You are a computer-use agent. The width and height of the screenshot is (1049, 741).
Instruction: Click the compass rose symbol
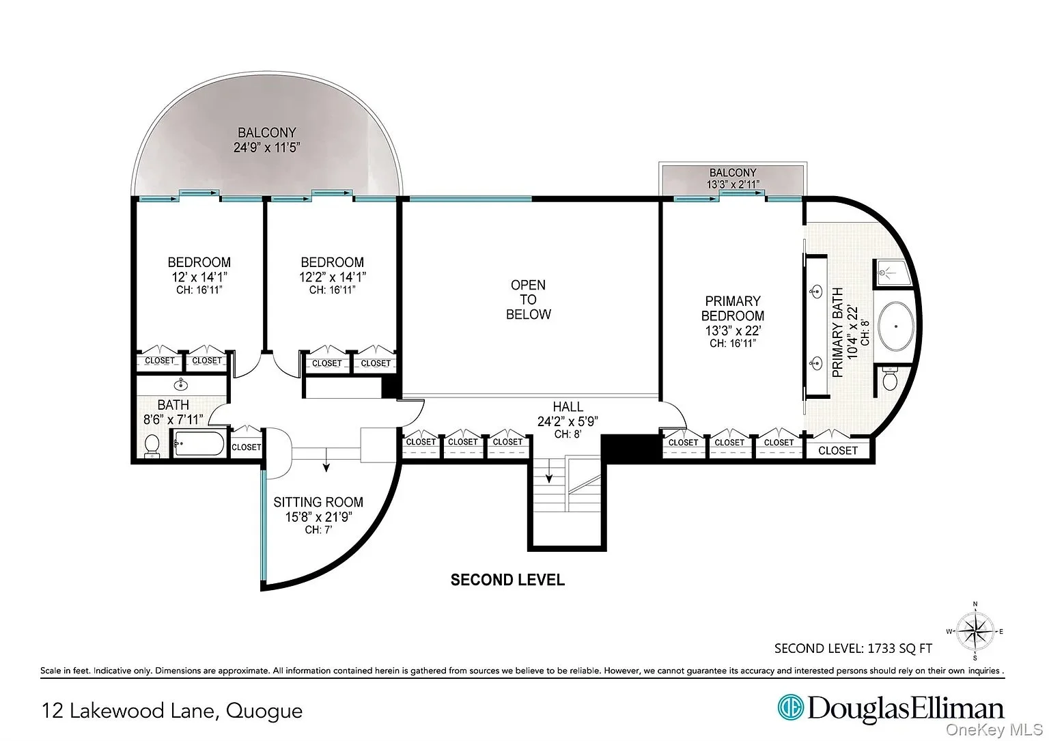pos(975,631)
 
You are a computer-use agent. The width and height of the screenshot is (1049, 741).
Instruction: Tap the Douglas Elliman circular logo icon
pos(790,708)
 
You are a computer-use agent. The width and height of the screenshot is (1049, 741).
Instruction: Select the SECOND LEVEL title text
pos(507,580)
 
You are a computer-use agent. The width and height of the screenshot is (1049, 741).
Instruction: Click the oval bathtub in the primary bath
pos(895,326)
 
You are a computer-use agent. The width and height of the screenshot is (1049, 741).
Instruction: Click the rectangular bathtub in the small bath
pos(199,443)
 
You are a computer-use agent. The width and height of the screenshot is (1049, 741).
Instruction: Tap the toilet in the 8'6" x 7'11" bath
pos(152,445)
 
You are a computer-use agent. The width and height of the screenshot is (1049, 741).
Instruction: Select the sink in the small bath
pos(181,385)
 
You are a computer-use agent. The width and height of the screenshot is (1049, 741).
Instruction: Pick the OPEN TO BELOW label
pos(528,300)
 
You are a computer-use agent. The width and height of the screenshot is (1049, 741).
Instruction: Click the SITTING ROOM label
pos(318,503)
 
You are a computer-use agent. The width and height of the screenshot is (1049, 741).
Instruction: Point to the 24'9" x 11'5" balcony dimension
pos(266,148)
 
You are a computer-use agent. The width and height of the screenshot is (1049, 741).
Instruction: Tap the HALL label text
pos(568,406)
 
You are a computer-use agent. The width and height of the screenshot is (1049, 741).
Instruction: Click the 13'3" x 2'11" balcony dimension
pos(733,184)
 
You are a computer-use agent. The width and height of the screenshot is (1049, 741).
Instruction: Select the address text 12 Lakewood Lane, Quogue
pos(172,710)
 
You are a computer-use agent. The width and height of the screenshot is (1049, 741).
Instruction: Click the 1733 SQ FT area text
pos(899,648)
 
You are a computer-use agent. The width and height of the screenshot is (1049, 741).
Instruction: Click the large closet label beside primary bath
pos(838,451)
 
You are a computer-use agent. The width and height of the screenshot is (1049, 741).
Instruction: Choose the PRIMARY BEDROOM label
pos(732,308)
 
